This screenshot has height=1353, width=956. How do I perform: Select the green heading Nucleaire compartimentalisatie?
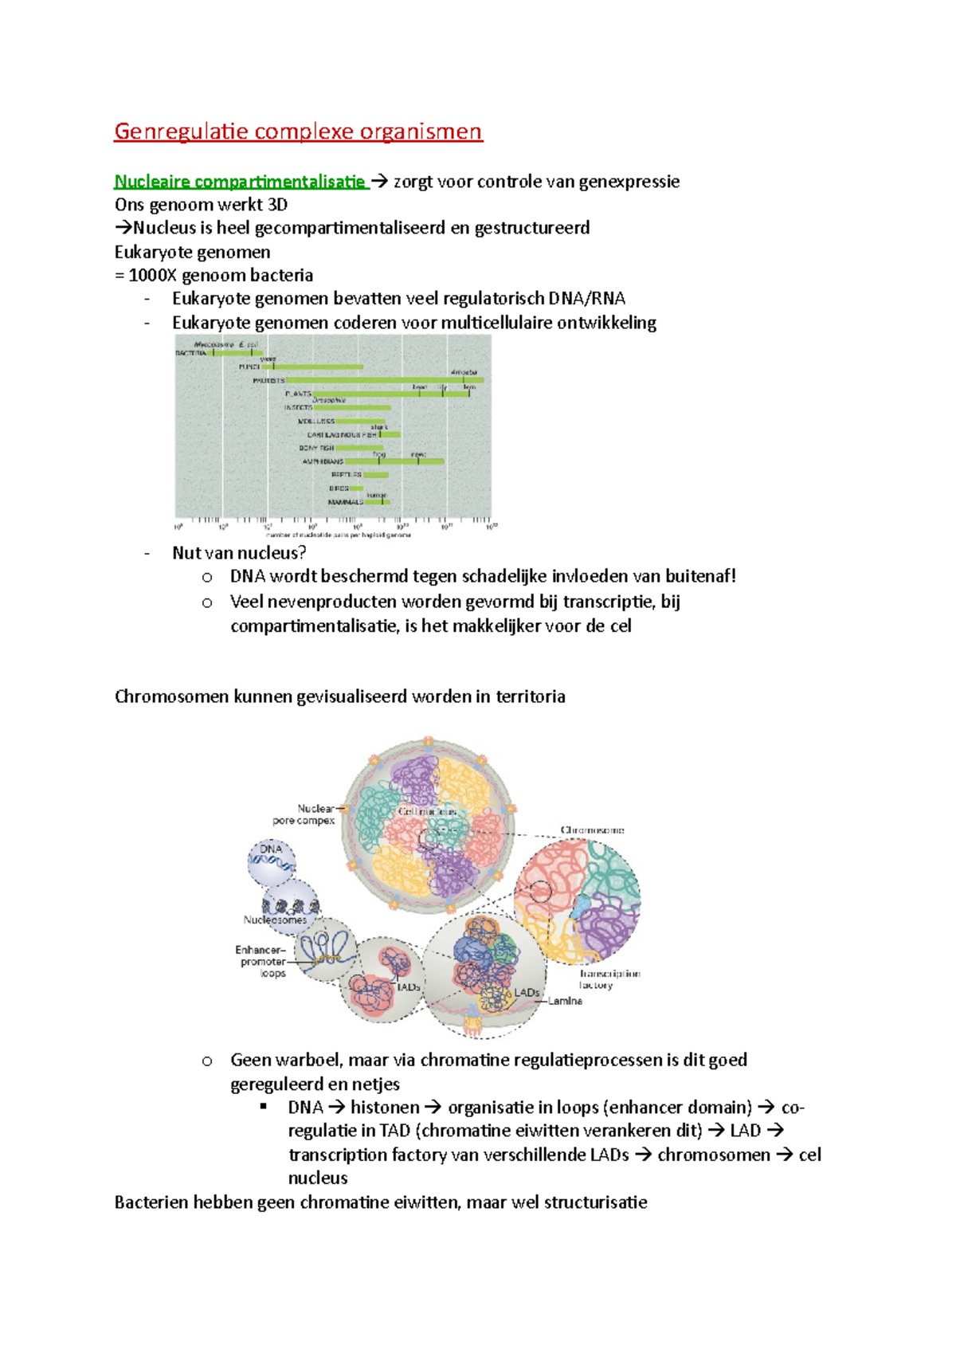coord(239,182)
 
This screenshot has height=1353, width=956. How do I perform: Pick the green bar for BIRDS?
coord(355,488)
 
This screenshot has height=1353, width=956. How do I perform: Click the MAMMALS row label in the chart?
coord(345,502)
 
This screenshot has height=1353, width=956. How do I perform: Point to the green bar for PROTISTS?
coord(382,380)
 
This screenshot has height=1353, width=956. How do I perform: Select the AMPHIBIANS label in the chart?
coord(322,461)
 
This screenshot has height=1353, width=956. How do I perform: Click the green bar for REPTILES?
coord(376,474)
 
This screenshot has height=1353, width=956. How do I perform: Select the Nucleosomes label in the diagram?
coord(275,920)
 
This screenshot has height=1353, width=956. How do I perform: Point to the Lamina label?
coord(565,1001)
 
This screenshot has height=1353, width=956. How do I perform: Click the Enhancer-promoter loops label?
coord(262,962)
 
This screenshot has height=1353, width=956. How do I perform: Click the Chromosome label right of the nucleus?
coord(592,830)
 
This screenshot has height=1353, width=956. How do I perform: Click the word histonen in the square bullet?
coord(385,1108)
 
